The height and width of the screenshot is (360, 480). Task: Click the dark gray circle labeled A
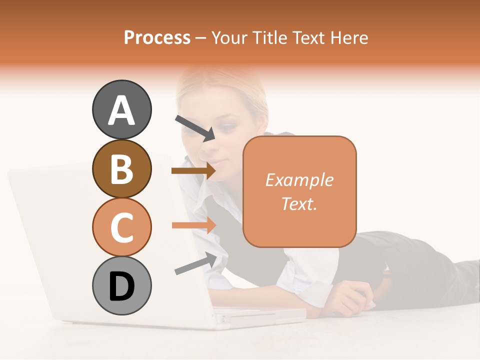(x=121, y=109)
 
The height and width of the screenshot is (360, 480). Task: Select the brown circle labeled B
(x=121, y=168)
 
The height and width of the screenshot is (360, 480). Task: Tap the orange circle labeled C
(x=121, y=227)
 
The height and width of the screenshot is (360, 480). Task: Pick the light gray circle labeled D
(x=121, y=285)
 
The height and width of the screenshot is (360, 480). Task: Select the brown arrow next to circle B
(x=193, y=171)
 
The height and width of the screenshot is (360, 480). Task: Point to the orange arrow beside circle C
(x=193, y=225)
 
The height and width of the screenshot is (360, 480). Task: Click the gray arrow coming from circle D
(x=195, y=264)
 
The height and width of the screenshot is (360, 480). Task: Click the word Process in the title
(x=157, y=37)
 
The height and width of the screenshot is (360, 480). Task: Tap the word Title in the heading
(x=267, y=37)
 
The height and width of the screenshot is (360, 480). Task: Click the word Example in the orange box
(x=299, y=180)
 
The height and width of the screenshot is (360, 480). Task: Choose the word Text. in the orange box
(x=299, y=203)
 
